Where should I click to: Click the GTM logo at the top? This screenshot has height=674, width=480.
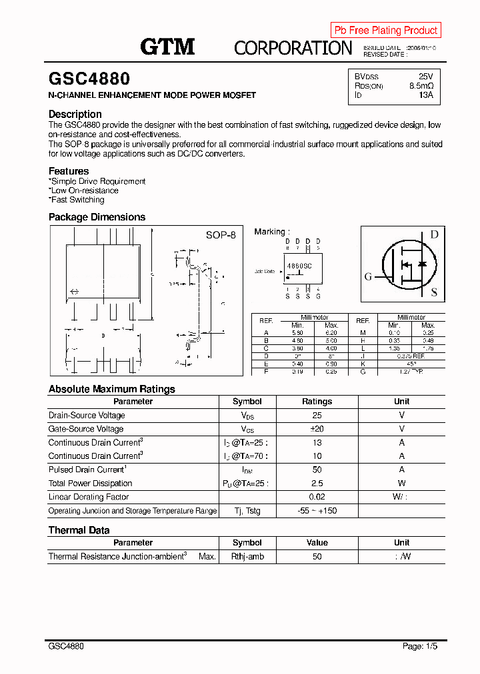coord(167,47)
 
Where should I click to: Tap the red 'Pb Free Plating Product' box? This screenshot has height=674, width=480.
coord(385,30)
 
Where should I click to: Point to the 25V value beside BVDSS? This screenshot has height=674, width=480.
coord(425,77)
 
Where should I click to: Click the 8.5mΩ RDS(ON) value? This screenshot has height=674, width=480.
coord(421,86)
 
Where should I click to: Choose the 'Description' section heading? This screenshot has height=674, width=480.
coord(75,115)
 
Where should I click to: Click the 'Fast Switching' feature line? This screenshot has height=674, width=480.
coord(77,200)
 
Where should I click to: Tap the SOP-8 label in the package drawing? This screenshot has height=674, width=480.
coord(221,235)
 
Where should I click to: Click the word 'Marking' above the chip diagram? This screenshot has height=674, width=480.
coord(270,232)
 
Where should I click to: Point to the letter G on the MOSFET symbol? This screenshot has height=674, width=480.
coord(368,277)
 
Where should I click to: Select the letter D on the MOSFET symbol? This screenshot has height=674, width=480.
coord(434,234)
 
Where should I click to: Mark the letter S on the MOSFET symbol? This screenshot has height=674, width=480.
coord(434,292)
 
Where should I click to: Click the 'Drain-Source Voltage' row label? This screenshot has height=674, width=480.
coord(87,416)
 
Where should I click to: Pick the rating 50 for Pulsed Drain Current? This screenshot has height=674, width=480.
coord(317,470)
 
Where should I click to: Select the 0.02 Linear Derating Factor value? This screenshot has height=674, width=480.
coord(317,497)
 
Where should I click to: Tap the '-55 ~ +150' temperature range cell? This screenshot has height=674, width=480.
coord(317,511)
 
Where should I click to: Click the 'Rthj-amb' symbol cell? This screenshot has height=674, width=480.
coord(247,556)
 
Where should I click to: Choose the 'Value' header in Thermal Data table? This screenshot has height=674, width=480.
coord(317,543)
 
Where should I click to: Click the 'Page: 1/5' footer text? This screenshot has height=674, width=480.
coord(420,646)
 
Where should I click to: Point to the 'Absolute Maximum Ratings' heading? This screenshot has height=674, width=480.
coord(112,389)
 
